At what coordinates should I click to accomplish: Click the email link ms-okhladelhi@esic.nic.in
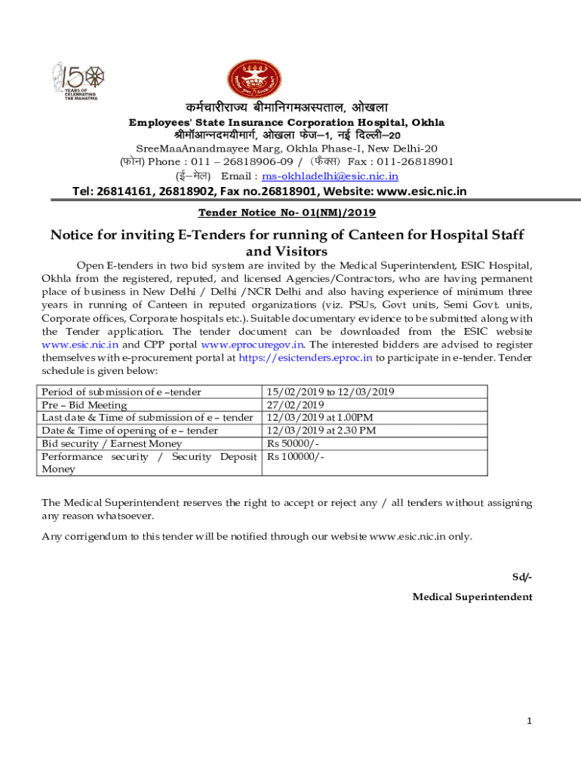click(330, 176)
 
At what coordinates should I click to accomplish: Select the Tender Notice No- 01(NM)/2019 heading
click(290, 213)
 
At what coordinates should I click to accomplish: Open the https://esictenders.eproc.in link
click(306, 357)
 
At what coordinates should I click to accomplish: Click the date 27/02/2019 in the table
click(293, 405)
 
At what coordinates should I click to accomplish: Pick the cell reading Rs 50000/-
click(293, 443)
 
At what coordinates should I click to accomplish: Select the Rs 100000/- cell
click(296, 456)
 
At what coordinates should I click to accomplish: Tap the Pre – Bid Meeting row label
click(84, 405)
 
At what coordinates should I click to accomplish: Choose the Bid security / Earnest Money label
click(112, 443)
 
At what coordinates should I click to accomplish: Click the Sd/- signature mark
click(522, 577)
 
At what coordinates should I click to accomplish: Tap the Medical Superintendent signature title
click(472, 596)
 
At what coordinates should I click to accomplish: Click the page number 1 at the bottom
click(530, 721)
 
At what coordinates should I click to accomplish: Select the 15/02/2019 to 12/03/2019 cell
click(330, 392)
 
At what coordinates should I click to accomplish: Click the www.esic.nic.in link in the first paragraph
click(80, 345)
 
